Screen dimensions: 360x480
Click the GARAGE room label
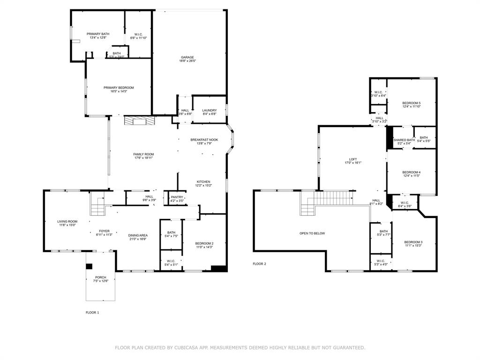point(187,57)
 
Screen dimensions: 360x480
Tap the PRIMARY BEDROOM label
point(119,88)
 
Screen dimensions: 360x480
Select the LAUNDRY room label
point(210,110)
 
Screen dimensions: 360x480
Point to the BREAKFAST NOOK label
point(204,140)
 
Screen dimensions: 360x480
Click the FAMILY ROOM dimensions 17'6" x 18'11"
point(143,158)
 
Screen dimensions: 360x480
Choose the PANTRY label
point(177,197)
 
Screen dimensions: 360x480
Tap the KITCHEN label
point(203,181)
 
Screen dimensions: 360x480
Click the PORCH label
point(100,277)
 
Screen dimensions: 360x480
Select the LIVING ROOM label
point(67,221)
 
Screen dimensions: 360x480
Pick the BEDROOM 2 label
point(204,243)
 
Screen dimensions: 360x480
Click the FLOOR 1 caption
point(92,312)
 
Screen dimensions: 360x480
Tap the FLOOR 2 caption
point(259,264)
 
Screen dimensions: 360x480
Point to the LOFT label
point(353,159)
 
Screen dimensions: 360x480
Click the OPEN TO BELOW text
point(312,233)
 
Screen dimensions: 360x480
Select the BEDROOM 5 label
point(412,103)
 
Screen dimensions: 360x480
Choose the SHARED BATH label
point(404,140)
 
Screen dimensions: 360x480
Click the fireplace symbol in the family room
point(139,121)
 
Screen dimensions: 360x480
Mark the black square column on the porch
point(89,267)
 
